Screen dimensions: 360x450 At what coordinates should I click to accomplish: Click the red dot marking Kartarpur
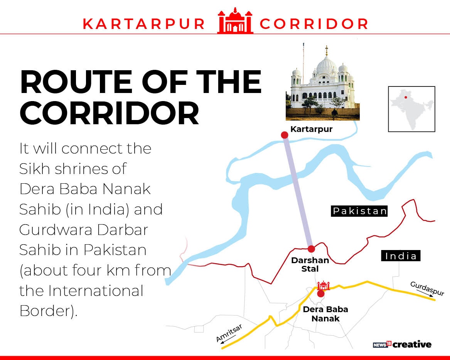pyautogui.click(x=285, y=135)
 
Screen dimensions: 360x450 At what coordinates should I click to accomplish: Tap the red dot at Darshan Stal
pyautogui.click(x=311, y=248)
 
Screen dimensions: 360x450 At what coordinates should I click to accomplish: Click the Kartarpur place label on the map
pyautogui.click(x=311, y=129)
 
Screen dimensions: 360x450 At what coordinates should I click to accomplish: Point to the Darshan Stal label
pyautogui.click(x=310, y=264)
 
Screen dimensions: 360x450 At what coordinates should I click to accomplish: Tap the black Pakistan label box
pyautogui.click(x=359, y=211)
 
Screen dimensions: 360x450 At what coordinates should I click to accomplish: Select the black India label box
pyautogui.click(x=401, y=256)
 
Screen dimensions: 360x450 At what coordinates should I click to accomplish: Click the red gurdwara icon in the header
pyautogui.click(x=235, y=22)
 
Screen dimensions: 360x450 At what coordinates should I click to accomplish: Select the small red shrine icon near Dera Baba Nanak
pyautogui.click(x=323, y=286)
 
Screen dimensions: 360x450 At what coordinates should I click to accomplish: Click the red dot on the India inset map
pyautogui.click(x=406, y=97)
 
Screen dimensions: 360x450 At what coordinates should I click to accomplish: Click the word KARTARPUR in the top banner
pyautogui.click(x=144, y=24)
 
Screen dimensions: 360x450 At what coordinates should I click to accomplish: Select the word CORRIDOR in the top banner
pyautogui.click(x=313, y=24)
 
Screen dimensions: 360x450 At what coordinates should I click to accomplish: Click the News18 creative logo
pyautogui.click(x=402, y=345)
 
